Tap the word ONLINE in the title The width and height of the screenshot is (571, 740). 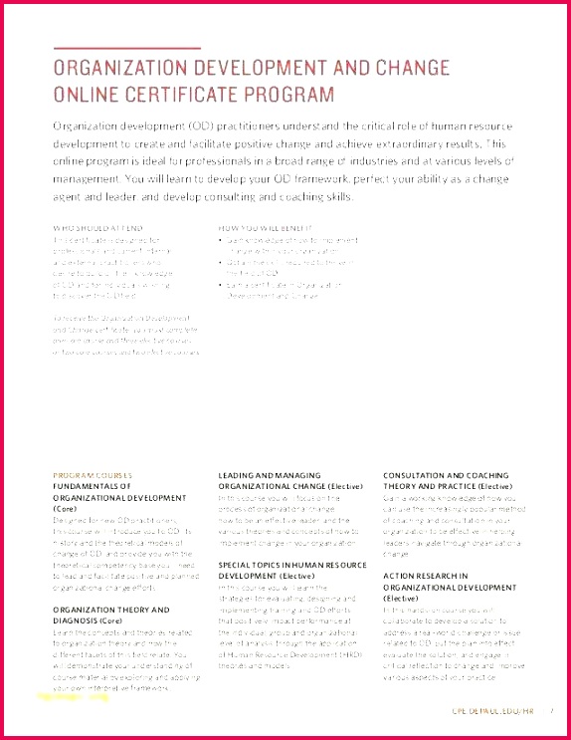coord(89,95)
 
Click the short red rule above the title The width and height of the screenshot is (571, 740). coord(126,48)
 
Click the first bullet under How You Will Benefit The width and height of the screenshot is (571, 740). coord(223,240)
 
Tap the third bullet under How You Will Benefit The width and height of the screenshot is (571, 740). coord(223,285)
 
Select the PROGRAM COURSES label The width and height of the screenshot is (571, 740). coord(93,475)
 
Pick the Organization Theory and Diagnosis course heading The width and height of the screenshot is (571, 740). coord(110,615)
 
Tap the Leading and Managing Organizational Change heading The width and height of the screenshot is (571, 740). coord(284,481)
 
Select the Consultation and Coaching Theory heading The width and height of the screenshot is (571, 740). coord(448,481)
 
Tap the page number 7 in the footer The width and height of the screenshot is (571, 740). coord(550,710)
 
